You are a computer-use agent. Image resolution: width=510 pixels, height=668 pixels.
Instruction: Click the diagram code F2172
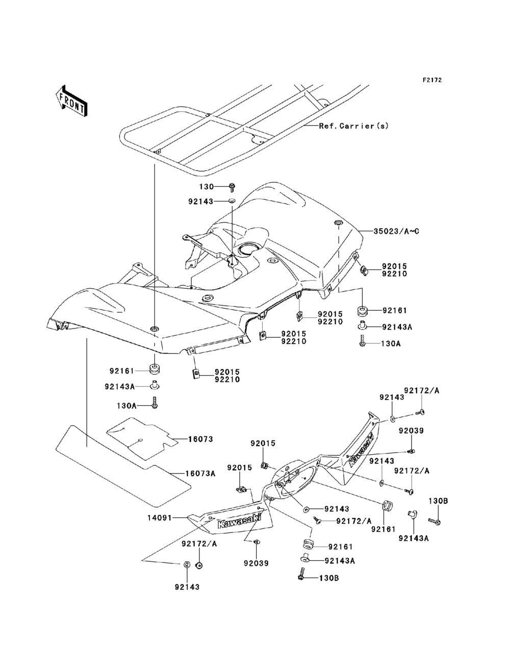point(432,80)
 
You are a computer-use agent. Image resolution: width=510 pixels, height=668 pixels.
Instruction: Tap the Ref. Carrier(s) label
point(354,126)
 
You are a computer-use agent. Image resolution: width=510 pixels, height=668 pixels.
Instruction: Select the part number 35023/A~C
point(396,231)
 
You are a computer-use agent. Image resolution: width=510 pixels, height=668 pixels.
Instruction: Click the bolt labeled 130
point(232,187)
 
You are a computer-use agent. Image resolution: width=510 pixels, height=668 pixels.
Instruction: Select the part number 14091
point(160,517)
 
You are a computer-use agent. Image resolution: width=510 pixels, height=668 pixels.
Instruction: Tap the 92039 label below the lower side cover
point(256,563)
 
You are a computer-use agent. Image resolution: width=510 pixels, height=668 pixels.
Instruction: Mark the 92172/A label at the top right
point(421,391)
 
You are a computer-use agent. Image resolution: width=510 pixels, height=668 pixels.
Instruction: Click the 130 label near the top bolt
point(207,187)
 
